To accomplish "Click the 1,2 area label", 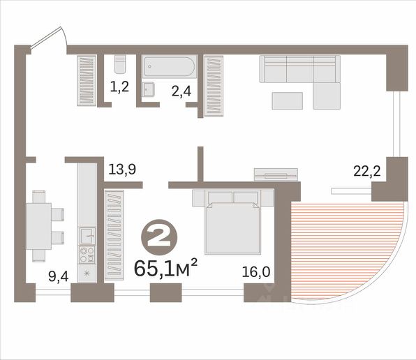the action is pyautogui.click(x=119, y=87).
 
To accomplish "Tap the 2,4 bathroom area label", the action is pyautogui.click(x=181, y=91).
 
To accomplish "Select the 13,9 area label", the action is pyautogui.click(x=122, y=170).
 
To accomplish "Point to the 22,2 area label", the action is pyautogui.click(x=367, y=171).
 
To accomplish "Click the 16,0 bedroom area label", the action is pyautogui.click(x=256, y=272).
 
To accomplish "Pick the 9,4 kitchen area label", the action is pyautogui.click(x=59, y=277).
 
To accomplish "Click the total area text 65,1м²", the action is pyautogui.click(x=166, y=268).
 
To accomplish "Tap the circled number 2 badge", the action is pyautogui.click(x=159, y=237).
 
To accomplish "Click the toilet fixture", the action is pyautogui.click(x=120, y=64).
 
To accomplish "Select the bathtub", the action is pyautogui.click(x=170, y=66).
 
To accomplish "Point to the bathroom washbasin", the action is pyautogui.click(x=148, y=89).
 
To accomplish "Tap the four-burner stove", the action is pyautogui.click(x=87, y=255).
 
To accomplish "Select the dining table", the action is pyautogui.click(x=38, y=226).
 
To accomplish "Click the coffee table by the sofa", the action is pyautogui.click(x=288, y=100).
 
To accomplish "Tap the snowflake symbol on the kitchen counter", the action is pyautogui.click(x=87, y=273).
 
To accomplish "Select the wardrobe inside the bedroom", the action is pyautogui.click(x=114, y=235).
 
